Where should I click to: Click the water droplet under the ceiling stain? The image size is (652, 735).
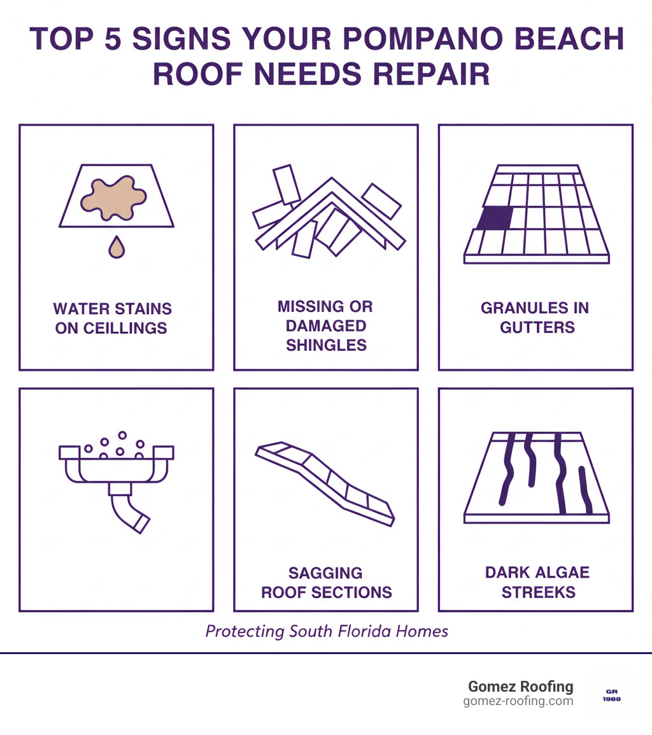tap(117, 248)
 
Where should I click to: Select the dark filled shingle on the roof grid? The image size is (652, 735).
tap(495, 218)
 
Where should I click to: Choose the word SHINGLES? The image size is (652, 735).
tap(326, 345)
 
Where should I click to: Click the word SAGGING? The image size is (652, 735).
tap(325, 573)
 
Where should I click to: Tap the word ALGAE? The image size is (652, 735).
tap(561, 572)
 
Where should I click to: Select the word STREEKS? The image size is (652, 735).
tap(538, 592)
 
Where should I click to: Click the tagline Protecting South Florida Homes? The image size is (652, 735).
tap(327, 631)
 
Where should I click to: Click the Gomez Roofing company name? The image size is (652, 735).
tap(520, 687)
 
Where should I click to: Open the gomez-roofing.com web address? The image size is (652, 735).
tap(518, 701)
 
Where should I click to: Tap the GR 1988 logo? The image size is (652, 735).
tap(611, 695)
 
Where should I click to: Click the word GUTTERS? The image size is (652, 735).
tap(537, 327)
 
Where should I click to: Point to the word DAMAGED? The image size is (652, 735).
tap(325, 326)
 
